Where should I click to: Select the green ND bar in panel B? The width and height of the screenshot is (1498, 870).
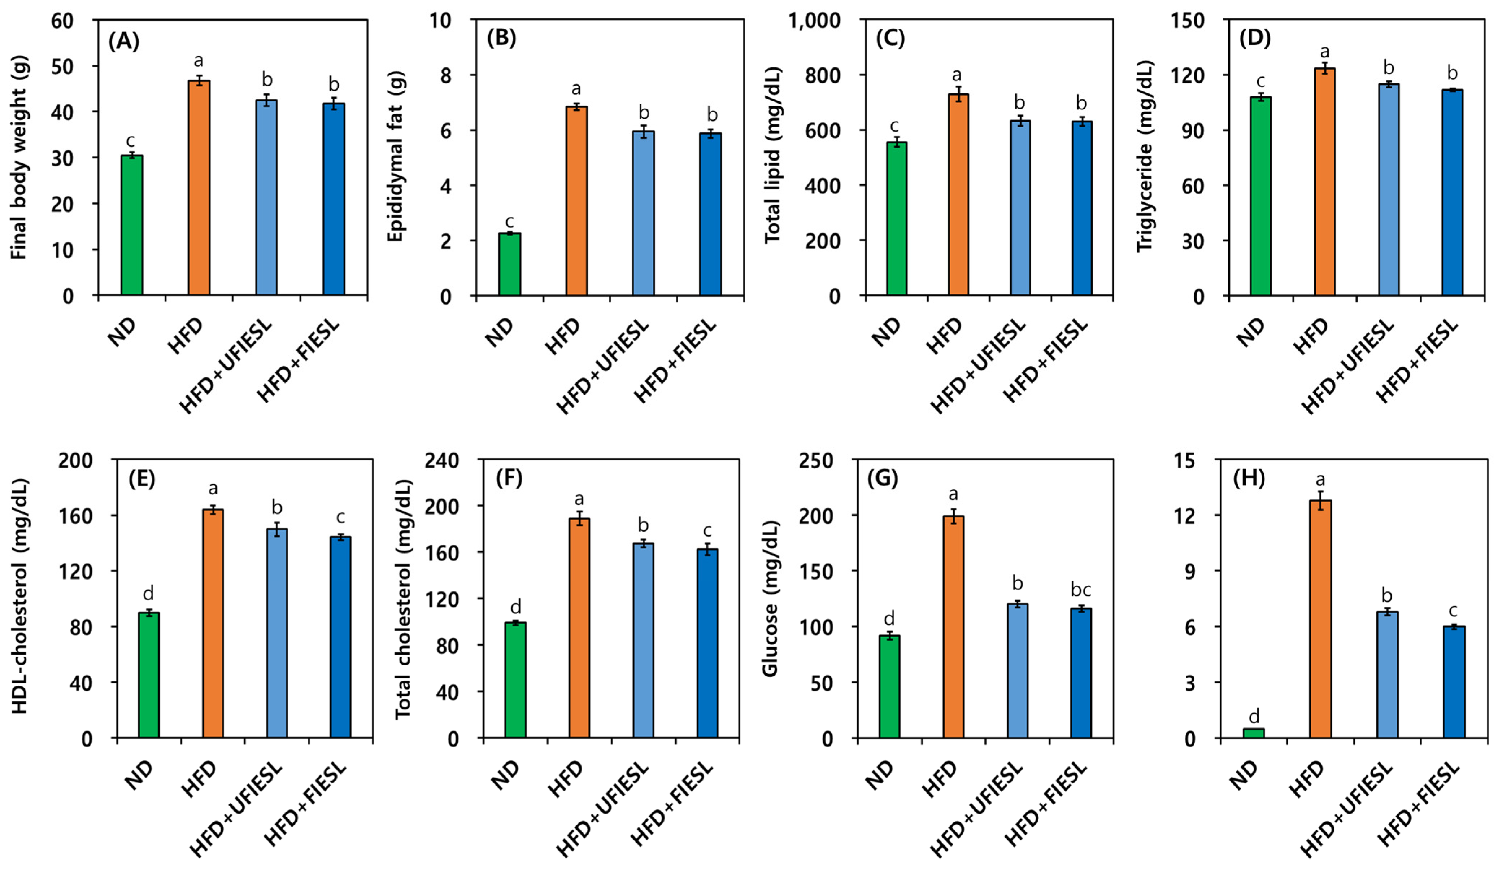pyautogui.click(x=509, y=265)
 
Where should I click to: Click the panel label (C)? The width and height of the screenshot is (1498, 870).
pyautogui.click(x=890, y=39)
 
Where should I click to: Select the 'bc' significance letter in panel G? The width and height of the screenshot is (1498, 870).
pyautogui.click(x=1081, y=590)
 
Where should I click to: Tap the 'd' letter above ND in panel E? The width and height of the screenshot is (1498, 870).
pyautogui.click(x=149, y=593)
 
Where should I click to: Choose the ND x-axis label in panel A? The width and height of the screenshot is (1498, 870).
pyautogui.click(x=122, y=333)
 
